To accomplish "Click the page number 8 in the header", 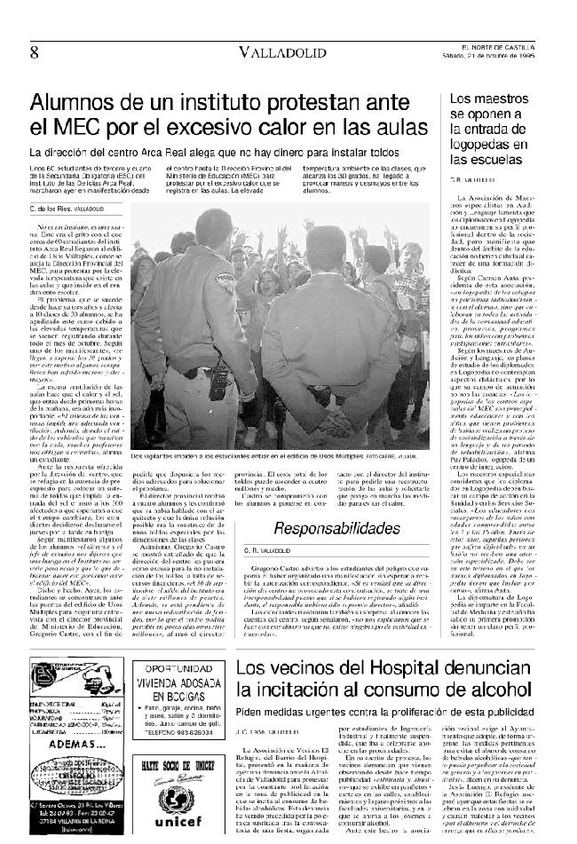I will [x=34, y=51].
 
